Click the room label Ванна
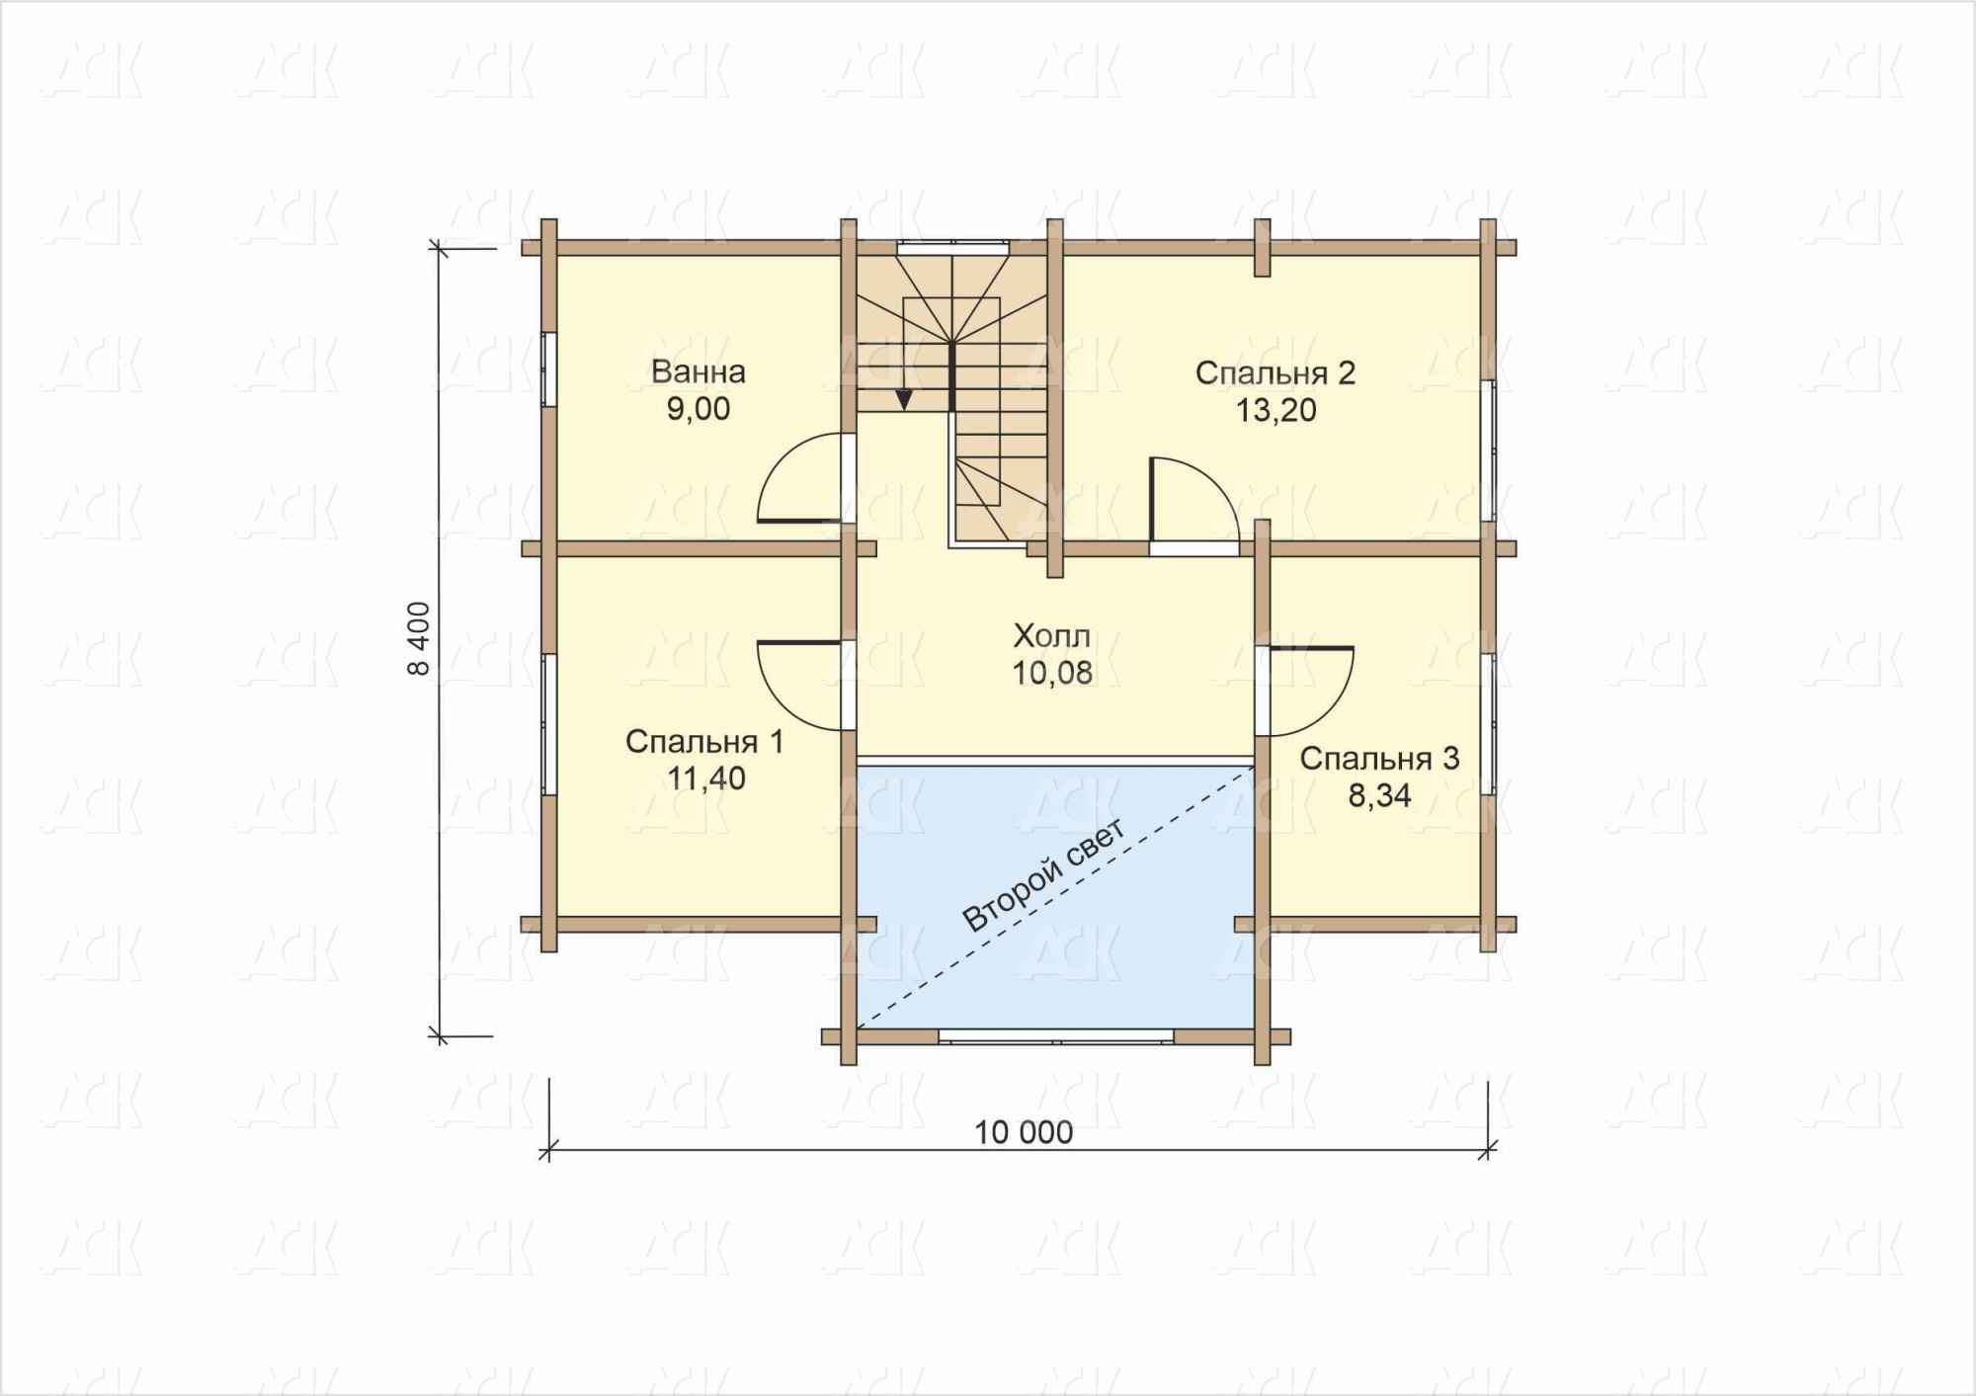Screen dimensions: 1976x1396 click(699, 372)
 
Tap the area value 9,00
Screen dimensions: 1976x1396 click(699, 409)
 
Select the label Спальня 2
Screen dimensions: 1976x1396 click(1276, 373)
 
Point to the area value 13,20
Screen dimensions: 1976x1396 click(1276, 410)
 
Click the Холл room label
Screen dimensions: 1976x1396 click(1052, 635)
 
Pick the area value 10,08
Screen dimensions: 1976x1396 click(1052, 673)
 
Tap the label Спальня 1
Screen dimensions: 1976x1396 click(704, 742)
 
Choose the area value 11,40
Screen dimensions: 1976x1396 click(705, 779)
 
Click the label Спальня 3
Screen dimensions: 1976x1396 click(1379, 759)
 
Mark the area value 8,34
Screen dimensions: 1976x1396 click(1380, 795)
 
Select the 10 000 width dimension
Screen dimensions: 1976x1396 click(1024, 1132)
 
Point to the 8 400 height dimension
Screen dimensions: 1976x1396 click(419, 638)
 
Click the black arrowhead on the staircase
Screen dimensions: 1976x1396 click(904, 399)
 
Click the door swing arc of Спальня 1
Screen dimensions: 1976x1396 click(781, 706)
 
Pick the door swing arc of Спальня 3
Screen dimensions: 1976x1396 click(1330, 713)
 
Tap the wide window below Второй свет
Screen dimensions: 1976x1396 click(1056, 1036)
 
